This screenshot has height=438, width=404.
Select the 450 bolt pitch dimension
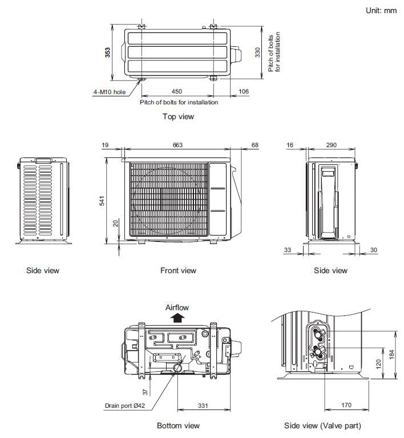click(x=176, y=91)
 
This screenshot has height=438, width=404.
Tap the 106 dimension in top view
click(x=243, y=91)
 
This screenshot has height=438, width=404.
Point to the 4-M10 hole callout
click(x=110, y=91)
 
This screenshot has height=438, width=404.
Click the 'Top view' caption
click(x=178, y=117)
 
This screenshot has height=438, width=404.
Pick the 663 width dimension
click(x=177, y=145)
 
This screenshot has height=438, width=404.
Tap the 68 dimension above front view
click(x=254, y=145)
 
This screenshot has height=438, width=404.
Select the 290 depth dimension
click(x=331, y=145)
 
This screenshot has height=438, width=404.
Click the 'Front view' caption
click(x=178, y=270)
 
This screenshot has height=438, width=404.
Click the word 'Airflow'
click(x=177, y=307)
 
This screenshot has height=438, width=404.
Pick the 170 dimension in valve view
click(x=346, y=406)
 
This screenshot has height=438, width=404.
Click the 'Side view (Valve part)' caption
click(x=322, y=426)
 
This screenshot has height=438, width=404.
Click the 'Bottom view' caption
click(x=178, y=426)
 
